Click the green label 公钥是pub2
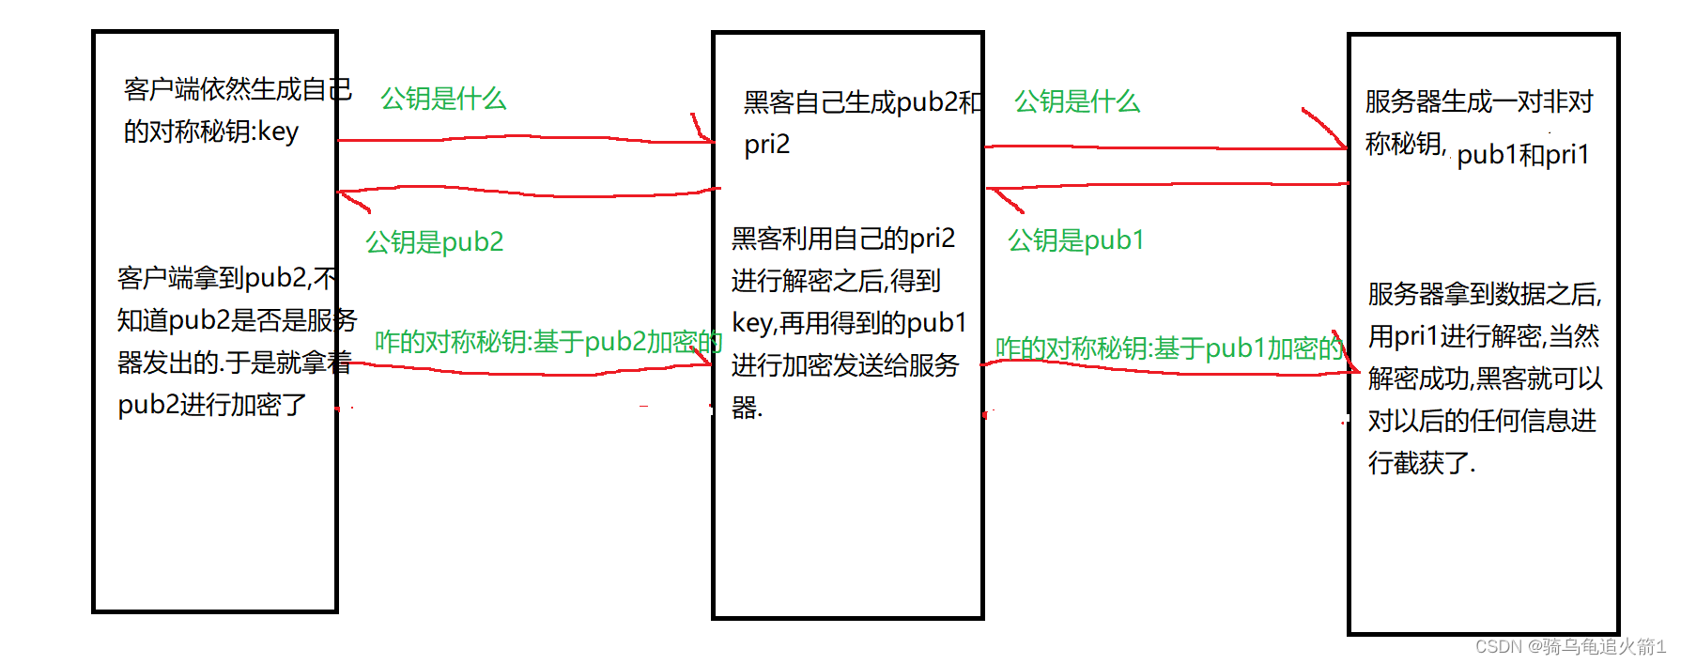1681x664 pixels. [434, 242]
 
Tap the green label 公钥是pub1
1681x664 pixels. [1075, 240]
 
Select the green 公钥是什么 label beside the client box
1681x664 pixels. [443, 99]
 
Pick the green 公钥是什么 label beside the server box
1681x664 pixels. [1077, 101]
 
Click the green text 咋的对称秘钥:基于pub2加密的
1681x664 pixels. [547, 342]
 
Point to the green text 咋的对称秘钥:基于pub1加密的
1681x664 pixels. [1169, 348]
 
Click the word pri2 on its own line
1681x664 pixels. [767, 145]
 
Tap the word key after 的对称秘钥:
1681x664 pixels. [278, 131]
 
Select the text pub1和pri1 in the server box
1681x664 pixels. [1522, 154]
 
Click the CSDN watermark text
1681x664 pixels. [1569, 646]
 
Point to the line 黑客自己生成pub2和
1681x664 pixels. [862, 102]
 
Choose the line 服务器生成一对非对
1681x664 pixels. [1479, 101]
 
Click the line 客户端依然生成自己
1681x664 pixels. [237, 89]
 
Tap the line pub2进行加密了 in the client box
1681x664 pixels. [212, 405]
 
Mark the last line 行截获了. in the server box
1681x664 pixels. [1422, 463]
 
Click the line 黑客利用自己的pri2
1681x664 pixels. [842, 239]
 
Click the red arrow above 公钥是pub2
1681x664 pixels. [526, 193]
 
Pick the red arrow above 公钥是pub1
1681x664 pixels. [1166, 186]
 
